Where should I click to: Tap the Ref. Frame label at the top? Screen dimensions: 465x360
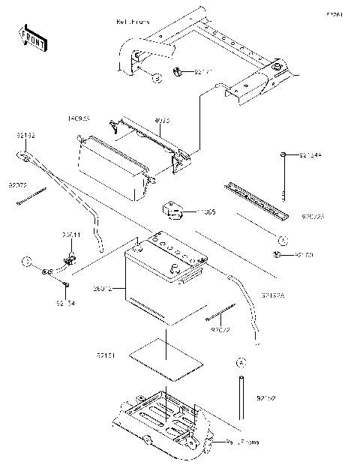click(133, 22)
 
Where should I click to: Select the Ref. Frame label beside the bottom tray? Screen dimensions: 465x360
click(244, 442)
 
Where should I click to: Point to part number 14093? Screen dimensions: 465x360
click(79, 118)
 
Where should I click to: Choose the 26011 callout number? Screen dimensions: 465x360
click(71, 235)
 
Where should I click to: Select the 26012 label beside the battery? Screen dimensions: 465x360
click(103, 288)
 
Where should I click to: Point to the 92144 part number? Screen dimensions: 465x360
click(310, 154)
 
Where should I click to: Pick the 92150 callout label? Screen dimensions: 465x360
click(304, 256)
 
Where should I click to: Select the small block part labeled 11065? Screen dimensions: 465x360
click(175, 209)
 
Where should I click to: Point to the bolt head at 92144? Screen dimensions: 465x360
click(284, 154)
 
